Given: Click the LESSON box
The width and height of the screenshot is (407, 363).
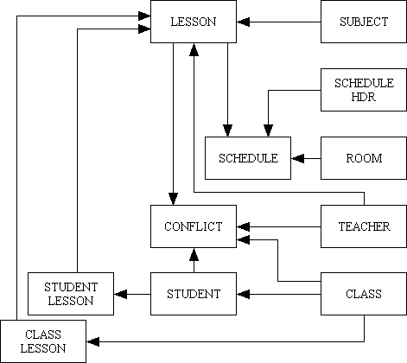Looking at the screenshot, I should pos(194,22).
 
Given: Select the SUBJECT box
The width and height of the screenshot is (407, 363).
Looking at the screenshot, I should pos(363,22).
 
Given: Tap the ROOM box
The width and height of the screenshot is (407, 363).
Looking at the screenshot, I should pos(363,158).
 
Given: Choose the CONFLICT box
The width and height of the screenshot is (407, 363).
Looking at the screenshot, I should pos(194,226).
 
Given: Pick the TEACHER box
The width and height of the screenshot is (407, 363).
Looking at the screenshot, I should pos(363,226).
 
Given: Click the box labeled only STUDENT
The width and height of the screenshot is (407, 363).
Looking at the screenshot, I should pos(194,295).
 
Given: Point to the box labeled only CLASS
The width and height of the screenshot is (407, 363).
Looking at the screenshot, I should pos(363,295).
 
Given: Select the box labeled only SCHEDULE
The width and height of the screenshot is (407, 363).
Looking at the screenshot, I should pos(247,158).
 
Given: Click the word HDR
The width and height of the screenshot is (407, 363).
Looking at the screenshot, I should pos(364,95).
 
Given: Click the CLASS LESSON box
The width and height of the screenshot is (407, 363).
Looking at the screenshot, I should pos(43,341).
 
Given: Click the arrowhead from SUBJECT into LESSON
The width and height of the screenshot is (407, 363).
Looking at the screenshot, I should pos(243,22).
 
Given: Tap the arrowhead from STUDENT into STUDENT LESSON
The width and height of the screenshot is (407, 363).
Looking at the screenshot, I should pos(120,295).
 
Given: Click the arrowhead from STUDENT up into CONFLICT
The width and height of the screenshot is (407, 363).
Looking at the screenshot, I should pos(194,253).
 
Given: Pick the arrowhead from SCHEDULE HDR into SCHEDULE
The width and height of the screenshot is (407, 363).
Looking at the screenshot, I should pos(268,131).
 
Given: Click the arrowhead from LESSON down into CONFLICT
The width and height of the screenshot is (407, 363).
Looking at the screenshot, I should pos(173,200).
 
